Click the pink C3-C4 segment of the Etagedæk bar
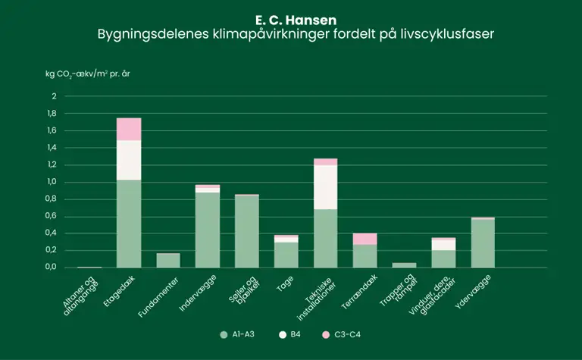(x=129, y=129)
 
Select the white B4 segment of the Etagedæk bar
(x=129, y=160)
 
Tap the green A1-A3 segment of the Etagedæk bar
(x=129, y=224)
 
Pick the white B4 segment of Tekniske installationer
(x=326, y=186)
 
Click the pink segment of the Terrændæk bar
(x=365, y=239)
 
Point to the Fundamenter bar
(x=168, y=260)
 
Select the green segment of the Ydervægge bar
(x=483, y=243)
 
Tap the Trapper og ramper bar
(x=405, y=265)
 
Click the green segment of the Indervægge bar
(x=208, y=230)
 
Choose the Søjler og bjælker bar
(x=247, y=231)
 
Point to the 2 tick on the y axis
(x=54, y=96)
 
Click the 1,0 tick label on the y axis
(x=51, y=182)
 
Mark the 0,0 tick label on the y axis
(x=51, y=268)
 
